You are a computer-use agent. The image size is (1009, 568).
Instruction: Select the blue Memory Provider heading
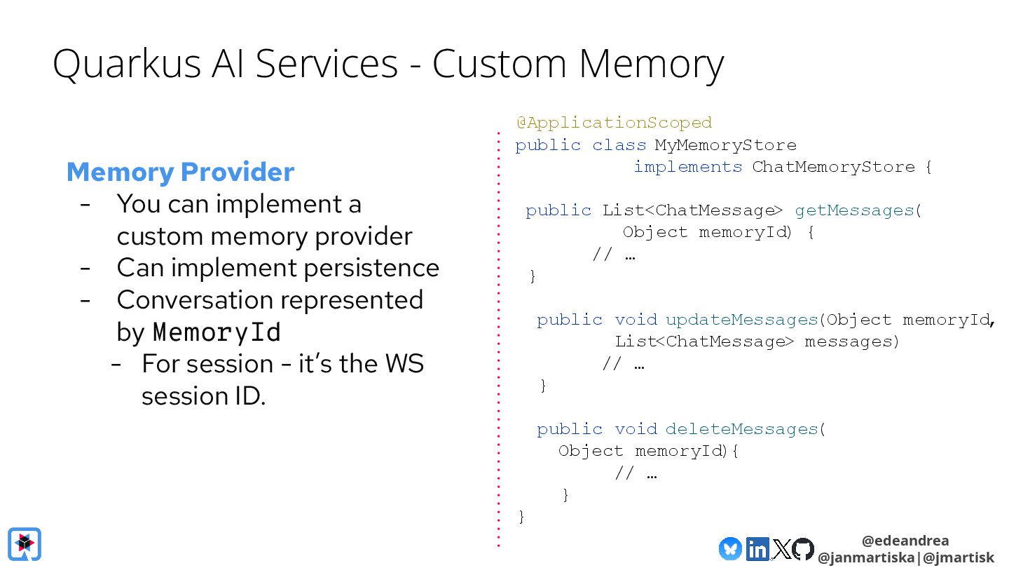click(180, 172)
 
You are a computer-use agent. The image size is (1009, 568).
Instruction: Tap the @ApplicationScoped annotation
click(614, 123)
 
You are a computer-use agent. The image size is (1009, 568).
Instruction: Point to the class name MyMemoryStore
click(725, 145)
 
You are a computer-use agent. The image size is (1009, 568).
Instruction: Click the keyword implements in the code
click(687, 167)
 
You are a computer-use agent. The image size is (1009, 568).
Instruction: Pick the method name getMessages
click(854, 210)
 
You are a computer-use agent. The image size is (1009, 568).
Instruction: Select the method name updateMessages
click(741, 320)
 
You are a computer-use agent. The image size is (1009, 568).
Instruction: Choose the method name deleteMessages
click(741, 429)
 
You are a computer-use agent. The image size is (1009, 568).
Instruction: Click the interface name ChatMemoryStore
click(833, 167)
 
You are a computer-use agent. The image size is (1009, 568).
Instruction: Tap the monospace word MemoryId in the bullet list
click(217, 332)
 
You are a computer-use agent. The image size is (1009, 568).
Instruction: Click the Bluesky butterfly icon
click(730, 549)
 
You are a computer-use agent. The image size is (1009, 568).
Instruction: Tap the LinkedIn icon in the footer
click(757, 549)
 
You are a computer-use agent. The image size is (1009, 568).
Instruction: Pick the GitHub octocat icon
click(803, 549)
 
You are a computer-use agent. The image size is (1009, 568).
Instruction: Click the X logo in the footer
click(781, 549)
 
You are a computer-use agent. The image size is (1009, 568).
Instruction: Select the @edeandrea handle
click(905, 541)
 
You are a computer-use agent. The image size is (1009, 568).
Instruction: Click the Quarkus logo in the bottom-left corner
click(25, 544)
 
